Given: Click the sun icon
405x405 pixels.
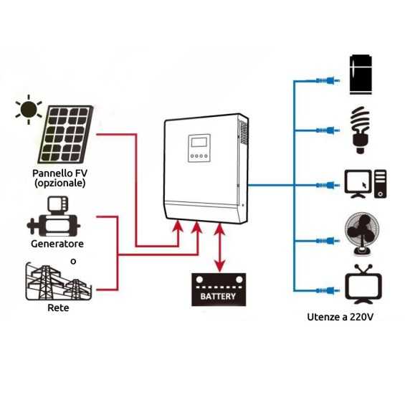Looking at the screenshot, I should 29,109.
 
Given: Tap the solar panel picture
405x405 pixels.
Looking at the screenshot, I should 65,136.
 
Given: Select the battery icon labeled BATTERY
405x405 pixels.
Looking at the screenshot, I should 218,290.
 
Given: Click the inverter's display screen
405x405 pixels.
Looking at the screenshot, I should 198,142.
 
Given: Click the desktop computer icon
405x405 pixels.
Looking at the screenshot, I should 365,184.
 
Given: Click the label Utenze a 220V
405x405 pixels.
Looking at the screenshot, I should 340,316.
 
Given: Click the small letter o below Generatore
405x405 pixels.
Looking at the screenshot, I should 73,262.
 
